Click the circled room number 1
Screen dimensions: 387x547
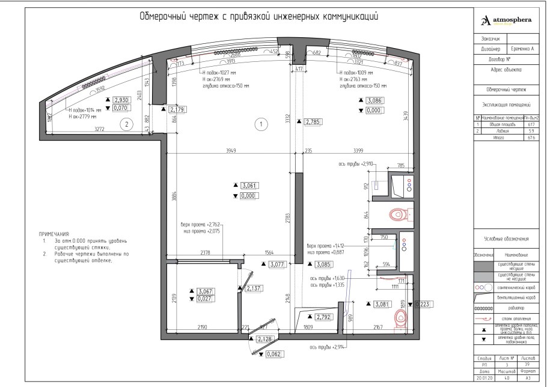click(x=261, y=124)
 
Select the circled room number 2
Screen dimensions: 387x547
click(x=126, y=125)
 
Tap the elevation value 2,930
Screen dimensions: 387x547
click(x=122, y=100)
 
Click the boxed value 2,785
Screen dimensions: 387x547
click(x=313, y=122)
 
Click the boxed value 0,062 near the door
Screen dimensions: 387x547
click(x=273, y=354)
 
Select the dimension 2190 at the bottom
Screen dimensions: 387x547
click(x=201, y=327)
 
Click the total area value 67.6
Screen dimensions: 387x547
click(x=531, y=138)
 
